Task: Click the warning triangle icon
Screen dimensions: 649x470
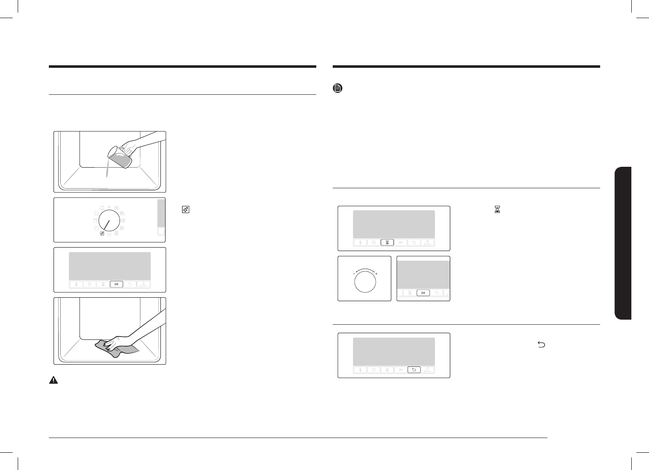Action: click(53, 380)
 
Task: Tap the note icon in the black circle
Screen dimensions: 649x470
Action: click(337, 88)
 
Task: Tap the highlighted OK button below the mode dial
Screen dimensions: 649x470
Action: click(117, 284)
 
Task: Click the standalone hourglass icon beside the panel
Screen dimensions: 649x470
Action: click(497, 209)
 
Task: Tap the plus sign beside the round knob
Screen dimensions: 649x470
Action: click(376, 274)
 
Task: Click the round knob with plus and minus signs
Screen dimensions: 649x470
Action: click(365, 281)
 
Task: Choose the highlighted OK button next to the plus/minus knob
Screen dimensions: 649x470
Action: click(423, 293)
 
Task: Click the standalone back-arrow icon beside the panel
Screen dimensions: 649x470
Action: click(541, 345)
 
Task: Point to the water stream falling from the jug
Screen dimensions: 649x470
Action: click(107, 171)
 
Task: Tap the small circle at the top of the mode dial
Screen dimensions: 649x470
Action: click(109, 207)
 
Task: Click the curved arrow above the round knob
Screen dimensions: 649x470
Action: click(365, 270)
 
